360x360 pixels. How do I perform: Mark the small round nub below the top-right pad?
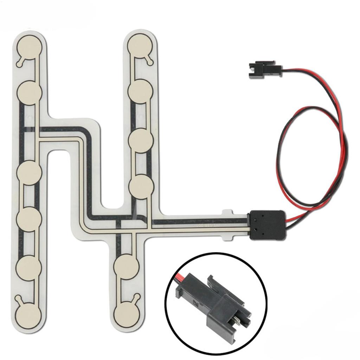pos(151,63)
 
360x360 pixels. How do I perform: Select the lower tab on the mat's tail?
pos(228,238)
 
